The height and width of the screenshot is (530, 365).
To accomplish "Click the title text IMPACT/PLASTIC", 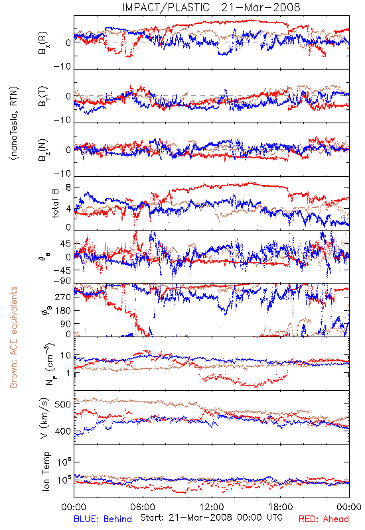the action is (x=166, y=7).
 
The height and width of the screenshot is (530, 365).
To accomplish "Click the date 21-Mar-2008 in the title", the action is (x=261, y=7).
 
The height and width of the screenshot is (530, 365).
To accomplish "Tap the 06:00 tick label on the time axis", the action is (x=143, y=507).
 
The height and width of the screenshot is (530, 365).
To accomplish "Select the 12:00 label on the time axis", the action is (x=212, y=507).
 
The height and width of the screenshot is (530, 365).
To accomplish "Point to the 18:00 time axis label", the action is (x=281, y=507).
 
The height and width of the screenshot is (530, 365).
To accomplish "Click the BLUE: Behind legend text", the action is (x=103, y=519).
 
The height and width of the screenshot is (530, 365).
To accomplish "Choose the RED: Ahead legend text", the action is (x=324, y=519).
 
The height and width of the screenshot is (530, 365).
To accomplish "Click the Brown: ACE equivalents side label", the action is (x=13, y=337).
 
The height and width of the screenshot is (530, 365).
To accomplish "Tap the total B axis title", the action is (x=55, y=203).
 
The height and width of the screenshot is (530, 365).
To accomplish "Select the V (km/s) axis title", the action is (x=44, y=419).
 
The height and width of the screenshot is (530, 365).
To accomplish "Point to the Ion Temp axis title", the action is (x=46, y=471).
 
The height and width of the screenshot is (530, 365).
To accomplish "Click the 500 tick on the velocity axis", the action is (x=63, y=404).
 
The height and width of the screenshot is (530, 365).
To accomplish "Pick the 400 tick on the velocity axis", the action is (x=63, y=431).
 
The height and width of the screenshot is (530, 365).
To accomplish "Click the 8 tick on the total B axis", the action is (x=68, y=187).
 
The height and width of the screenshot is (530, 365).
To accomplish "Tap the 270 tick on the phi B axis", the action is (x=64, y=297).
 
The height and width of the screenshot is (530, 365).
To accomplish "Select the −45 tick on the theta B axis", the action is (x=62, y=270).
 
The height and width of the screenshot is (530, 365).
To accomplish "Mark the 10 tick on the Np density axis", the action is (x=66, y=355).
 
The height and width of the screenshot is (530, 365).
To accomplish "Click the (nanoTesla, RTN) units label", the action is (x=13, y=123).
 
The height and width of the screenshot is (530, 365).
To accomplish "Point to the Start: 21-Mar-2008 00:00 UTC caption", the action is (x=211, y=517).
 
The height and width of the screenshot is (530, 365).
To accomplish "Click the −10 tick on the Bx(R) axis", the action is (x=62, y=67).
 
